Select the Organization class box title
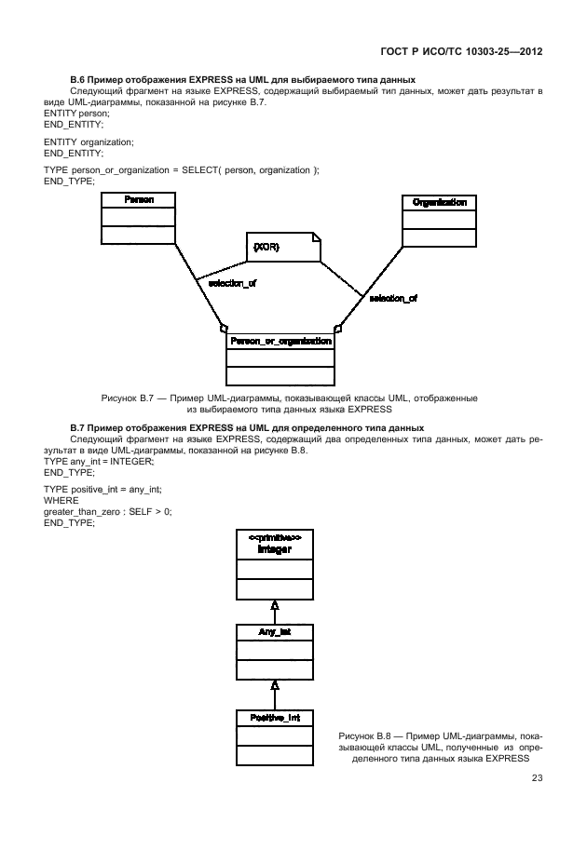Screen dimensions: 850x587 (439, 202)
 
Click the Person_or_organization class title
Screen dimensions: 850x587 (280, 341)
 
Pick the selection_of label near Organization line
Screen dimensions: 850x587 (393, 299)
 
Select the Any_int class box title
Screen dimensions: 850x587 (275, 632)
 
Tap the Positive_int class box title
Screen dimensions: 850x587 (275, 718)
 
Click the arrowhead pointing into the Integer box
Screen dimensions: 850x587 (275, 605)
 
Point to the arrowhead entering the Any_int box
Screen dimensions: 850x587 (275, 686)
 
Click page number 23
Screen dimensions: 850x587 (537, 779)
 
